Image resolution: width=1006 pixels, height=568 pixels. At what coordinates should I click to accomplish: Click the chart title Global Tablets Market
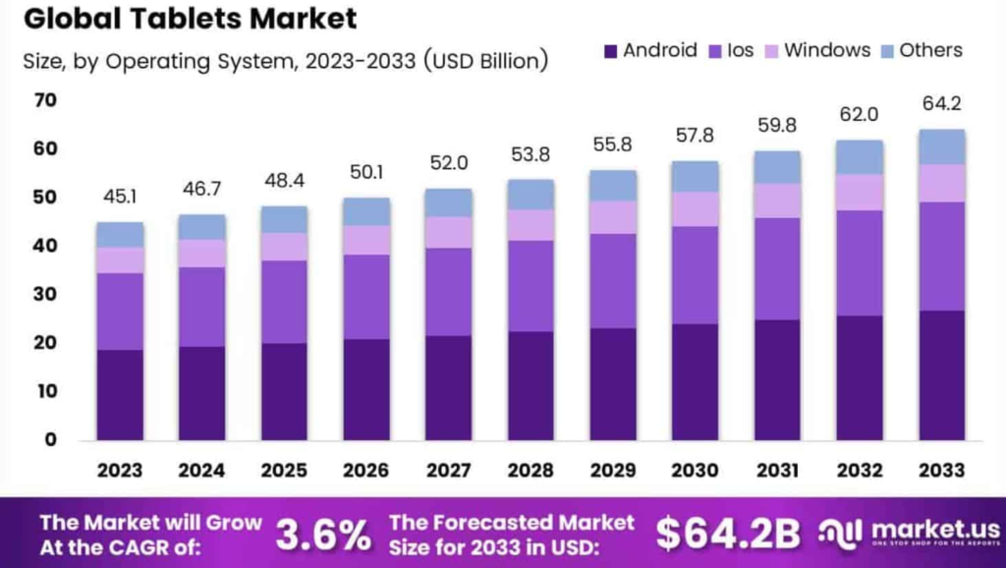click(x=190, y=19)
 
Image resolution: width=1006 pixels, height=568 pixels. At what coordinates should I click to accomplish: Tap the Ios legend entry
click(x=737, y=50)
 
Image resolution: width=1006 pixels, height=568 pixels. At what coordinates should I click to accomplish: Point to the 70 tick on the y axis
click(x=45, y=100)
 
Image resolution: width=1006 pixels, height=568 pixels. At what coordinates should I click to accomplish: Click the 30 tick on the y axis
click(x=45, y=294)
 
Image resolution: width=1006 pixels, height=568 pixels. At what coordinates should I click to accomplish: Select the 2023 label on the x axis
click(x=120, y=471)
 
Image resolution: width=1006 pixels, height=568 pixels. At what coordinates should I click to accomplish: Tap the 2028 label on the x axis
click(x=531, y=471)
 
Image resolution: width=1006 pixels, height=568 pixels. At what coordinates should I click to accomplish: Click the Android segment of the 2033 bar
click(x=942, y=374)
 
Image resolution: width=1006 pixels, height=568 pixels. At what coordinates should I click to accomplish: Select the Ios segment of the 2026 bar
click(x=366, y=297)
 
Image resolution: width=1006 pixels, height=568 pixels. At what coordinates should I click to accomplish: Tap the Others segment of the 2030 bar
click(x=696, y=176)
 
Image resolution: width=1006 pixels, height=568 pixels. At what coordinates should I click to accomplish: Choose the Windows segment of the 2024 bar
click(x=201, y=254)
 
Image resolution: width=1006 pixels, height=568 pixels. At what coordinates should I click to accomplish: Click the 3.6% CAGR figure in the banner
click(x=323, y=535)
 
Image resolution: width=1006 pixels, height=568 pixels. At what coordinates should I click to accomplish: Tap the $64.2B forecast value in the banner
click(x=728, y=534)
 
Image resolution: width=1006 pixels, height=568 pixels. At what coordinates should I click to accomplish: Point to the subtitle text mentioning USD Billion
click(x=285, y=61)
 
